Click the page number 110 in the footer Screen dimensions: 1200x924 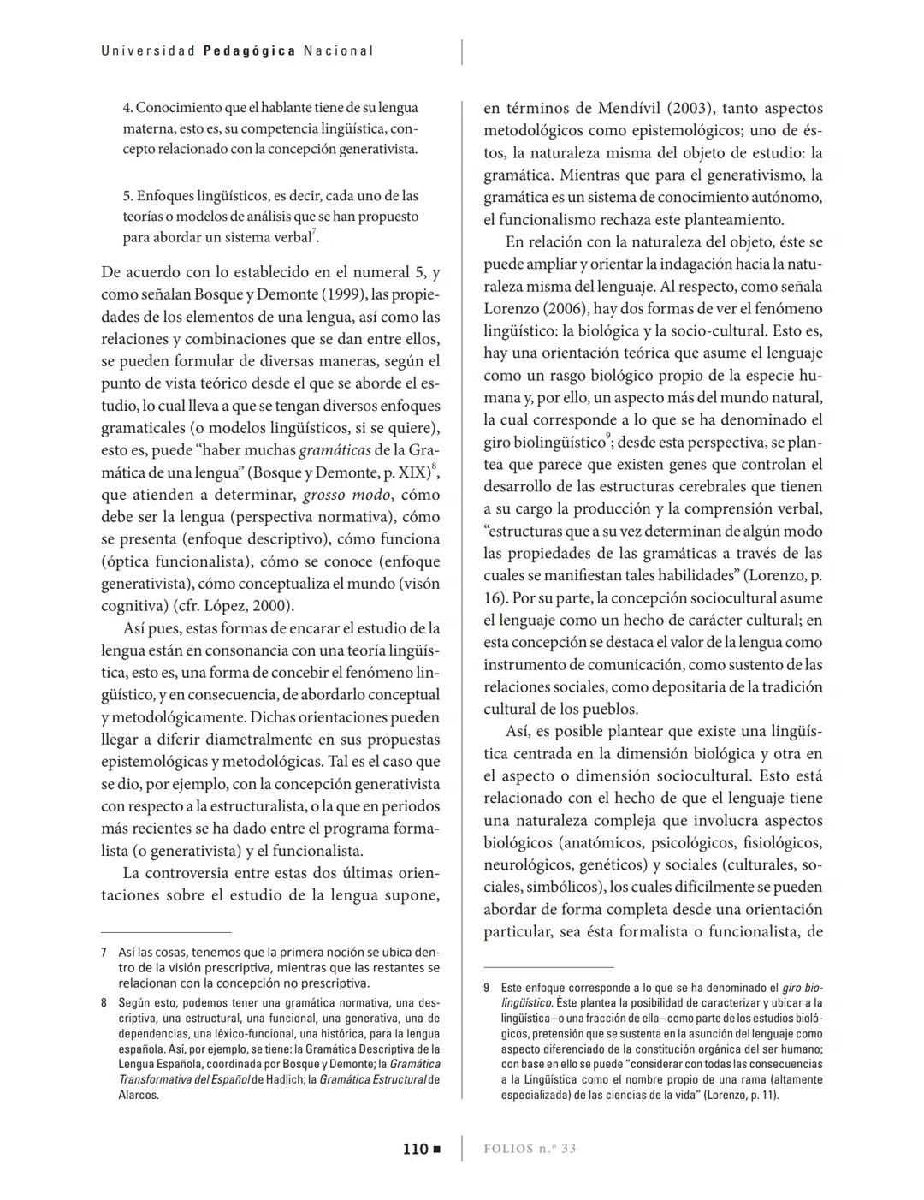[x=415, y=1149]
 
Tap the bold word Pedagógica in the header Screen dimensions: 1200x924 [x=250, y=51]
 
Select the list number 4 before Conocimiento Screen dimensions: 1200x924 [x=127, y=108]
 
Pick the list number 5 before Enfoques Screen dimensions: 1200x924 [x=127, y=196]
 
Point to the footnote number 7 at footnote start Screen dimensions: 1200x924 [x=104, y=952]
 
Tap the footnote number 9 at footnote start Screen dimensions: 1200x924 [x=487, y=988]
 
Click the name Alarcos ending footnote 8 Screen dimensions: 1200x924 [x=139, y=1095]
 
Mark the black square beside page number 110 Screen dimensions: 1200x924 [x=436, y=1149]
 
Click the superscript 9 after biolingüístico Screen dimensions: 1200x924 [x=608, y=437]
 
